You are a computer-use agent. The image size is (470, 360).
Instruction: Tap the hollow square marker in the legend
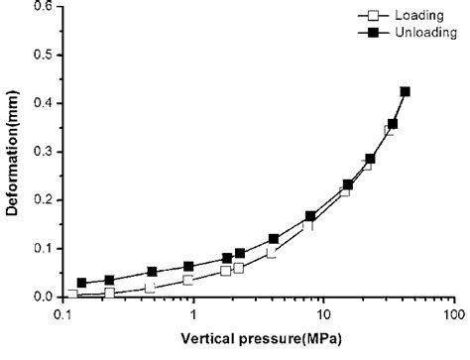(x=374, y=16)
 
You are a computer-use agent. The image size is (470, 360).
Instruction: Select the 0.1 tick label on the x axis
(x=64, y=313)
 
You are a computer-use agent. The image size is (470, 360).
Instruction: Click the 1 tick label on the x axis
(x=193, y=313)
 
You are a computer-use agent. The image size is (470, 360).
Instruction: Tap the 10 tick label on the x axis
(x=323, y=313)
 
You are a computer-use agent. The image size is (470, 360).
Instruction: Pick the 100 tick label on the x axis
(x=452, y=313)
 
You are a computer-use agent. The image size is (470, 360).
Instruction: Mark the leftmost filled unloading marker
(x=82, y=283)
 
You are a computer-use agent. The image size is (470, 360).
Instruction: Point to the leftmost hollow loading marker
(x=72, y=295)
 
